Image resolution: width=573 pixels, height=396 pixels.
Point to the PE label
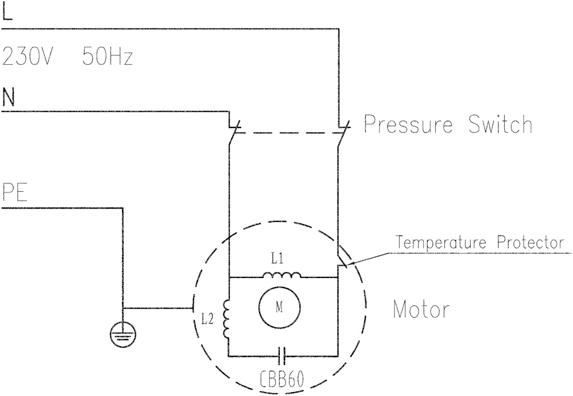(x=15, y=192)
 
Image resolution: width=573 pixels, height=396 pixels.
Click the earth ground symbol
(x=123, y=334)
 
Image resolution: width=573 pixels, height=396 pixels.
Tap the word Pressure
(x=408, y=124)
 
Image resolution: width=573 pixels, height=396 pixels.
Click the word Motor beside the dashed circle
(x=421, y=310)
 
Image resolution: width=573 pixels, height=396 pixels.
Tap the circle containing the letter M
(x=279, y=308)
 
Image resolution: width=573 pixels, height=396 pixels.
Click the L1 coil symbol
(x=282, y=275)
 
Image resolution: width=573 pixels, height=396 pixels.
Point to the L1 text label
(x=278, y=260)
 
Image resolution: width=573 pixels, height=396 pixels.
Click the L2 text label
(x=207, y=319)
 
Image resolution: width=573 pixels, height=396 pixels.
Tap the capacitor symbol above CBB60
(x=282, y=356)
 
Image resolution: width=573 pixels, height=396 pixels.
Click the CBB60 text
(x=282, y=380)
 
